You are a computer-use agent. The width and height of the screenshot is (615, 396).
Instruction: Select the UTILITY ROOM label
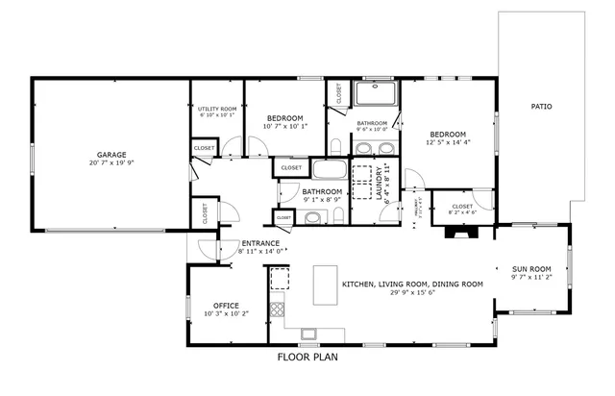click(x=217, y=110)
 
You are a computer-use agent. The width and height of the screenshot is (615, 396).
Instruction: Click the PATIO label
click(x=542, y=106)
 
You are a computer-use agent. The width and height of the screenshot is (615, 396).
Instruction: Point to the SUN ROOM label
click(x=530, y=268)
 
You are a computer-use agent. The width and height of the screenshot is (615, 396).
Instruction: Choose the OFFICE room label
click(x=227, y=305)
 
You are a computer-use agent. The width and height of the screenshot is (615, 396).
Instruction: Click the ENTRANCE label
click(x=260, y=243)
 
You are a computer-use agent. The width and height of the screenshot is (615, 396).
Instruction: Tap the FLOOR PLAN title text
click(x=307, y=357)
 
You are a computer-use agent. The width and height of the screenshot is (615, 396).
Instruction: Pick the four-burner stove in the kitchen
click(x=277, y=309)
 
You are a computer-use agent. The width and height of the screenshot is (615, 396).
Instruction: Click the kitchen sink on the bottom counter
click(x=308, y=334)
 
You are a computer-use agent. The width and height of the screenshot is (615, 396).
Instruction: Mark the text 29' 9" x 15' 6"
click(x=413, y=293)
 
